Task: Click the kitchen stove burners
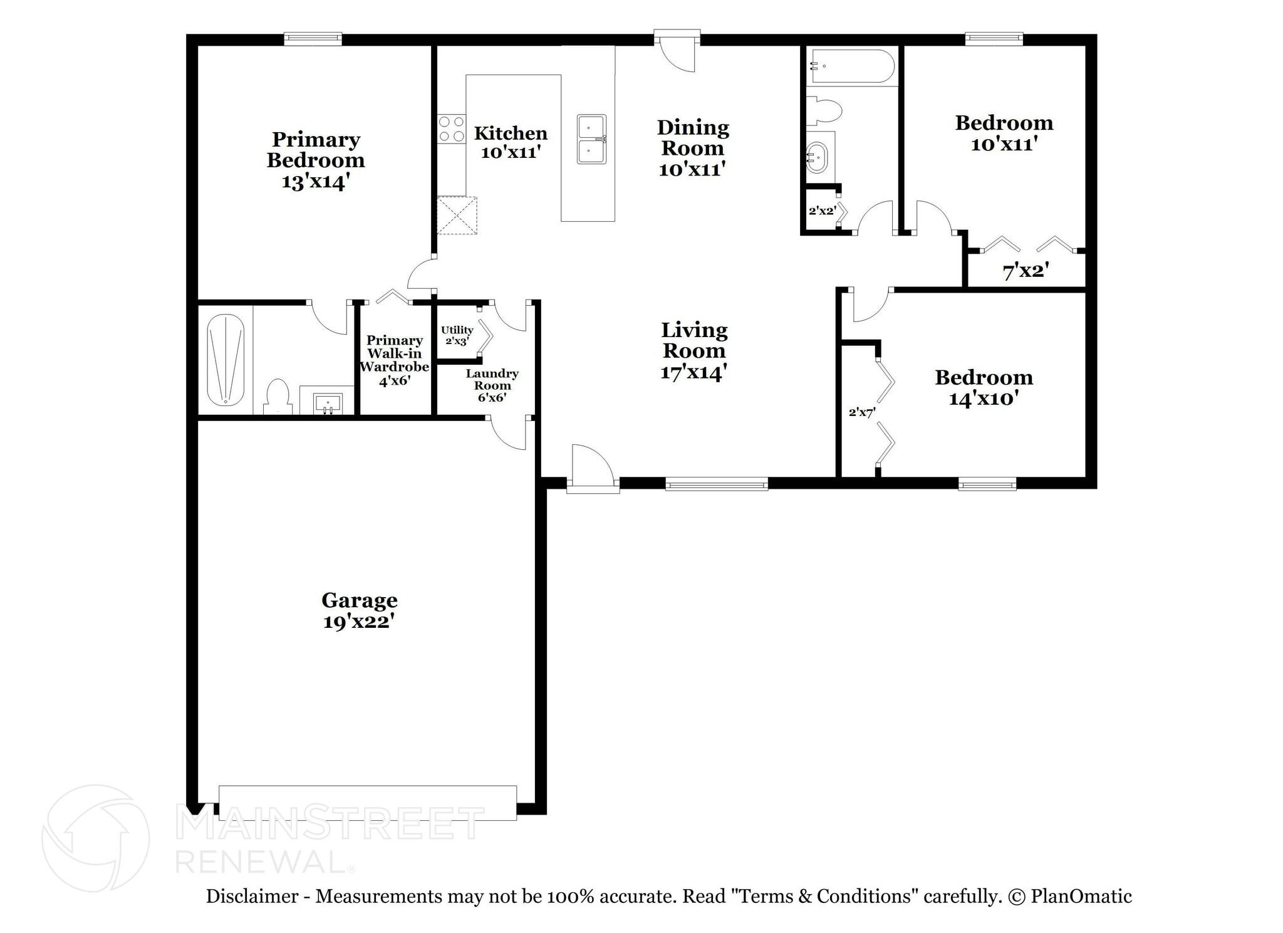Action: pyautogui.click(x=451, y=129)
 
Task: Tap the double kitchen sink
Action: pyautogui.click(x=591, y=139)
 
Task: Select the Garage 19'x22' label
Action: pyautogui.click(x=360, y=611)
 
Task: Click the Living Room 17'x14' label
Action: pyautogui.click(x=694, y=351)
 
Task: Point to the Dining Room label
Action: pyautogui.click(x=693, y=138)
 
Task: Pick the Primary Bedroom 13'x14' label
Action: pyautogui.click(x=316, y=160)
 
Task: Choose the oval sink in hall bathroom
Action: pyautogui.click(x=816, y=157)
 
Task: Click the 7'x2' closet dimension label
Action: pyautogui.click(x=1026, y=271)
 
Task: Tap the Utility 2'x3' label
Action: pyautogui.click(x=457, y=335)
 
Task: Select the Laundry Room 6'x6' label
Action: pyautogui.click(x=492, y=385)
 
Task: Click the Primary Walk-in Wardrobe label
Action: pyautogui.click(x=394, y=353)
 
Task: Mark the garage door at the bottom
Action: pyautogui.click(x=368, y=803)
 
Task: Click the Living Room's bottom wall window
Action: pyautogui.click(x=717, y=484)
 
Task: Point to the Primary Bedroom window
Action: pyautogui.click(x=313, y=39)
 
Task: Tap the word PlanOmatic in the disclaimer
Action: pyautogui.click(x=1081, y=897)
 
